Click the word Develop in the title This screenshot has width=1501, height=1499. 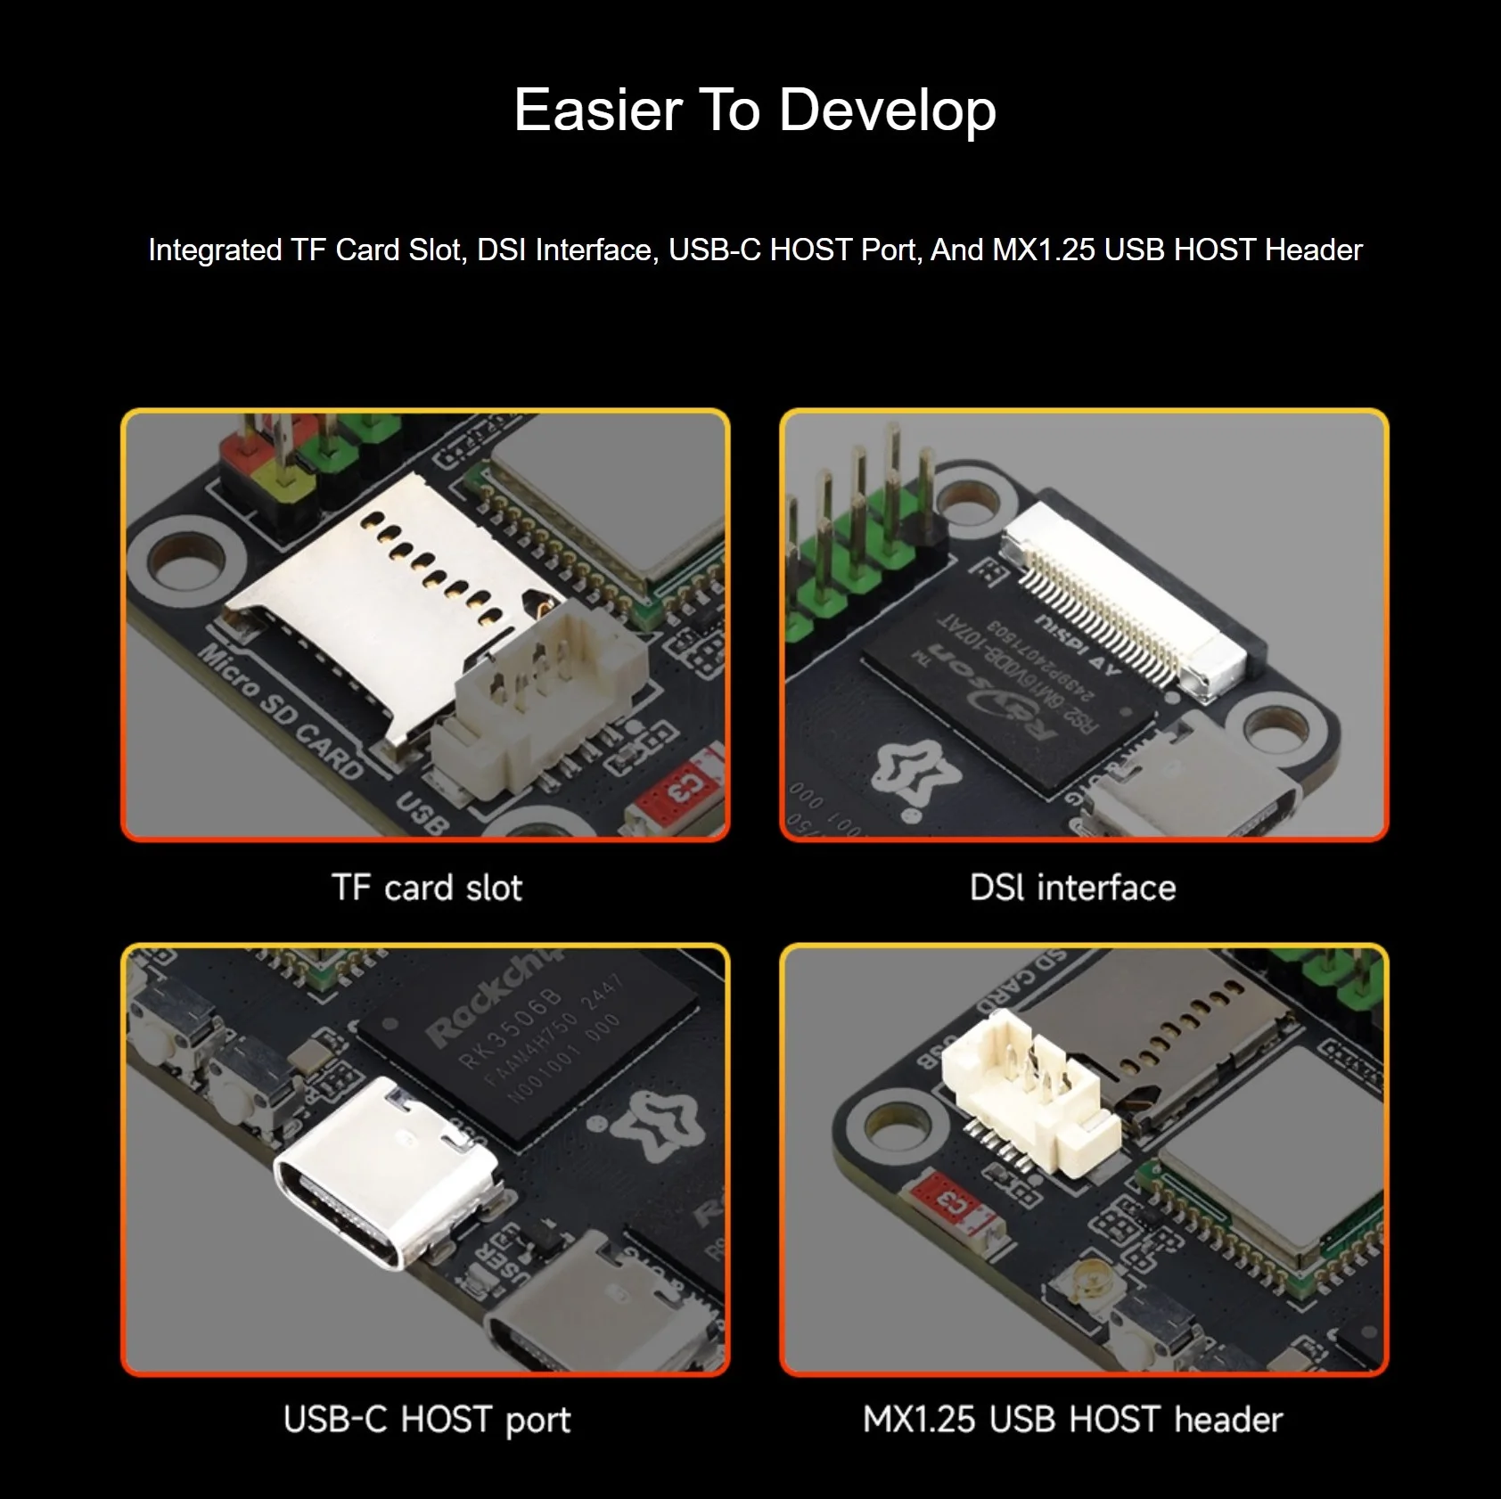coord(887,111)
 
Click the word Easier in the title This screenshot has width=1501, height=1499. coord(598,111)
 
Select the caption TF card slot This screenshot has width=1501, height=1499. coord(427,888)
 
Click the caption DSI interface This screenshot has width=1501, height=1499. coord(1072,888)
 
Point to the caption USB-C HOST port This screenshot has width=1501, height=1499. coord(427,1420)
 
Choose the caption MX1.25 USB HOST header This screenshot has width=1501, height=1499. coord(1072,1420)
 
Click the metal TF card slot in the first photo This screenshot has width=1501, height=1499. coord(392,588)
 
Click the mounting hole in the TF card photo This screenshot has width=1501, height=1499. coord(186,560)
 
